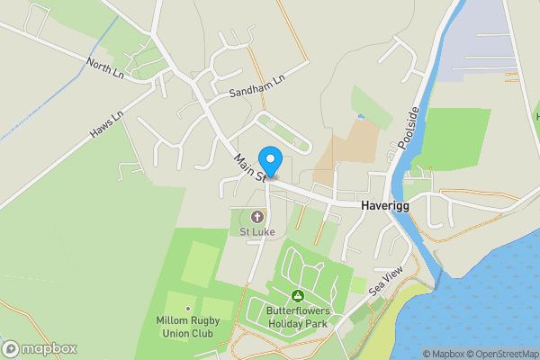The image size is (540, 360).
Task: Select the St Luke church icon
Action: pyautogui.click(x=256, y=217)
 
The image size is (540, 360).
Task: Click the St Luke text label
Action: pyautogui.click(x=256, y=231)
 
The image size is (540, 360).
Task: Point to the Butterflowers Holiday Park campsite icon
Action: pyautogui.click(x=298, y=296)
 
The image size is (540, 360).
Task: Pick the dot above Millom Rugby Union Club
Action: pyautogui.click(x=188, y=309)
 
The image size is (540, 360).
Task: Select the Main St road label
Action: pyautogui.click(x=247, y=166)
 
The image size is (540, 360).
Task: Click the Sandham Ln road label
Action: pyautogui.click(x=256, y=86)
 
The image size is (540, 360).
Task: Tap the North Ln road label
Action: pyautogui.click(x=105, y=68)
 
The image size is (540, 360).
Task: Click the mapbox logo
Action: pyautogui.click(x=40, y=348)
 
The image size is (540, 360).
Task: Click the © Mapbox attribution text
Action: pyautogui.click(x=442, y=354)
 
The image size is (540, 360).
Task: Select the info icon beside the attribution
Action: pyautogui.click(x=415, y=354)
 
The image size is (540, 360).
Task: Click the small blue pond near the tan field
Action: pyautogui.click(x=361, y=116)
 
